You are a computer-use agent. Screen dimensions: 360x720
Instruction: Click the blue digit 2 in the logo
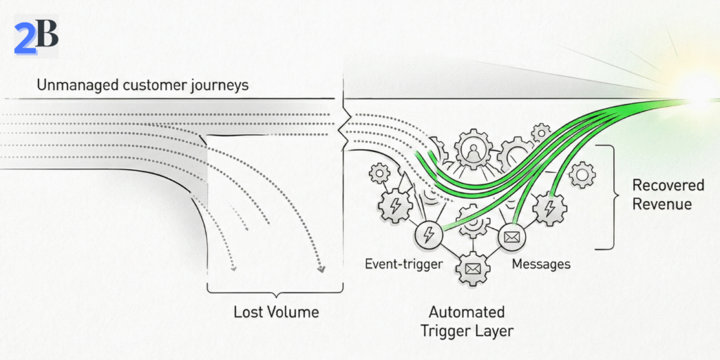point(25,39)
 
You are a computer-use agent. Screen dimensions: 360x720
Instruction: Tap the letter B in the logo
point(46,34)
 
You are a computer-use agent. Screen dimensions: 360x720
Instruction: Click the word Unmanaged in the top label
point(75,86)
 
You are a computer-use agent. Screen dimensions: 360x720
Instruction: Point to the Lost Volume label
point(276,311)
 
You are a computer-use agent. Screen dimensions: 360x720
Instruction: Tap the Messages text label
point(541,264)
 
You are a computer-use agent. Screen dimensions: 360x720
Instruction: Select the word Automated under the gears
point(467,311)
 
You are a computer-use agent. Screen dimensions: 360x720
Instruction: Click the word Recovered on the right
point(668,186)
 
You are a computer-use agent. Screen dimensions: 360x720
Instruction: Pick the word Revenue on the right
point(662,204)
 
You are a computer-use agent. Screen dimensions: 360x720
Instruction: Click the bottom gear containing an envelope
point(472,268)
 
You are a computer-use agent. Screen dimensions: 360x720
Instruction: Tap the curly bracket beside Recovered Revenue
point(606,197)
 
